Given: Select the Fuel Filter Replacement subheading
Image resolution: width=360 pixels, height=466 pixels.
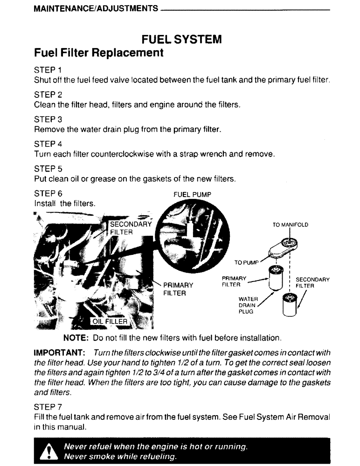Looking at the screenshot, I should [99, 53].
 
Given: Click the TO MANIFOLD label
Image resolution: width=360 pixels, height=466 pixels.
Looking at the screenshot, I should [291, 225].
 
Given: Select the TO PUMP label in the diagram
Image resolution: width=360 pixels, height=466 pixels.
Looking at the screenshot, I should [246, 262].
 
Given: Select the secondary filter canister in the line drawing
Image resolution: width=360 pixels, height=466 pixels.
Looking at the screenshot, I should [289, 305].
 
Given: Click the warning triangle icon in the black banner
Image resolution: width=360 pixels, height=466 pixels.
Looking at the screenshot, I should [48, 452].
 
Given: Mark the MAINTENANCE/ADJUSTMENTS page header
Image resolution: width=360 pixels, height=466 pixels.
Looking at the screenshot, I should [95, 9].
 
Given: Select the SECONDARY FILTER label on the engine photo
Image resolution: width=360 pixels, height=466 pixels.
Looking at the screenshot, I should [130, 228].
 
